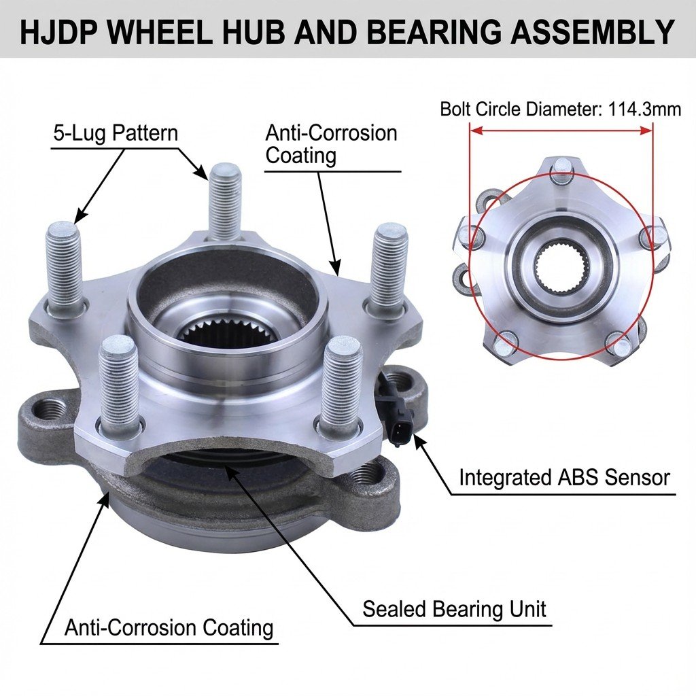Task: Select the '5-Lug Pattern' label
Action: click(116, 133)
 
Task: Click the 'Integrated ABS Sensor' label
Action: click(564, 478)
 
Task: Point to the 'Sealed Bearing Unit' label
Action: click(454, 609)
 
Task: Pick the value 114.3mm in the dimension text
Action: click(644, 109)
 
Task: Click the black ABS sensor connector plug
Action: click(398, 413)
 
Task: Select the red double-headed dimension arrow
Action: click(561, 130)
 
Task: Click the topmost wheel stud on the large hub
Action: click(226, 202)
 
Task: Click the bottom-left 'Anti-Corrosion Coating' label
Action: click(169, 627)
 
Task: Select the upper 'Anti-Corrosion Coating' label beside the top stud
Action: click(331, 144)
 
